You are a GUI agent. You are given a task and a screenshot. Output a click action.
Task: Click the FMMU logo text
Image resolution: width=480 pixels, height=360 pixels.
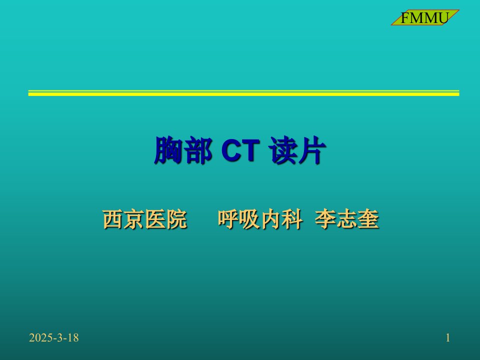click(x=424, y=18)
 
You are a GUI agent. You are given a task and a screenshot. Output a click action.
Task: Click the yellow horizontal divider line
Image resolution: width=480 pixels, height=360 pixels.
click(x=243, y=93)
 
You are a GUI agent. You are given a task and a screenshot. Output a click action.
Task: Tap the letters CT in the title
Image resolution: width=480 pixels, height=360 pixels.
click(x=240, y=150)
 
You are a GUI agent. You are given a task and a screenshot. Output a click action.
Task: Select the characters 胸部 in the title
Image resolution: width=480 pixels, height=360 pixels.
click(x=183, y=150)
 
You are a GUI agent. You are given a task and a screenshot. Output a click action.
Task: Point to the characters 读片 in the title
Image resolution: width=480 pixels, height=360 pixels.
click(x=297, y=150)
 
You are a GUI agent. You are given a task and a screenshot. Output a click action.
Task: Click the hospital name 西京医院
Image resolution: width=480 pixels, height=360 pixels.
click(x=145, y=219)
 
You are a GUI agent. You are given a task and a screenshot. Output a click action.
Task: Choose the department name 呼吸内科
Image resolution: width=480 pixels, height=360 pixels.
click(x=260, y=219)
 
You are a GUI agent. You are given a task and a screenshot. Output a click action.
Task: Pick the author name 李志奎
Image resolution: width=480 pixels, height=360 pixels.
click(x=347, y=219)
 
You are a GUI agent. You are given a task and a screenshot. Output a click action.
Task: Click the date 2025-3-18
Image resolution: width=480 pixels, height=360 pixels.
click(x=54, y=337)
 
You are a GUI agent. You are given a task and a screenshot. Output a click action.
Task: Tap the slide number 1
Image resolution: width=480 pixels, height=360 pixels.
click(x=448, y=337)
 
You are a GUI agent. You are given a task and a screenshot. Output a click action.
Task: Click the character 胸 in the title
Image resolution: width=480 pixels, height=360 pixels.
click(x=168, y=150)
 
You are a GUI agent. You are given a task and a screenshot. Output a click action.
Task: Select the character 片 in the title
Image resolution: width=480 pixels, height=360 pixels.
click(x=312, y=150)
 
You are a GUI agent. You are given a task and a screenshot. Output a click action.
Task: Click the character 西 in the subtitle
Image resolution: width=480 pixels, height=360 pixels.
click(x=113, y=219)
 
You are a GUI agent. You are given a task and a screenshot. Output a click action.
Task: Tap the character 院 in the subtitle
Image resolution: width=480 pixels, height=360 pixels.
click(x=177, y=219)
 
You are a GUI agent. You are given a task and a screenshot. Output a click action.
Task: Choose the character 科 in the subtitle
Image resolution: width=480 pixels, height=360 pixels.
click(x=292, y=219)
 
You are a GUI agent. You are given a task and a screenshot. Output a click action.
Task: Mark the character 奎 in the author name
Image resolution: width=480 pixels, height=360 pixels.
click(x=368, y=219)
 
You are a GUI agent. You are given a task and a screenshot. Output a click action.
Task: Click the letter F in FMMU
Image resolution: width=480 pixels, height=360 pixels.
click(x=404, y=18)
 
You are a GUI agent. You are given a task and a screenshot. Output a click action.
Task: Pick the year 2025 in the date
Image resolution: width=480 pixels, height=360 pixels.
click(x=41, y=337)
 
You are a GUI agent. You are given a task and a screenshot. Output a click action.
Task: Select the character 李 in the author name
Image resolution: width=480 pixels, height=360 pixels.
click(x=325, y=219)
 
